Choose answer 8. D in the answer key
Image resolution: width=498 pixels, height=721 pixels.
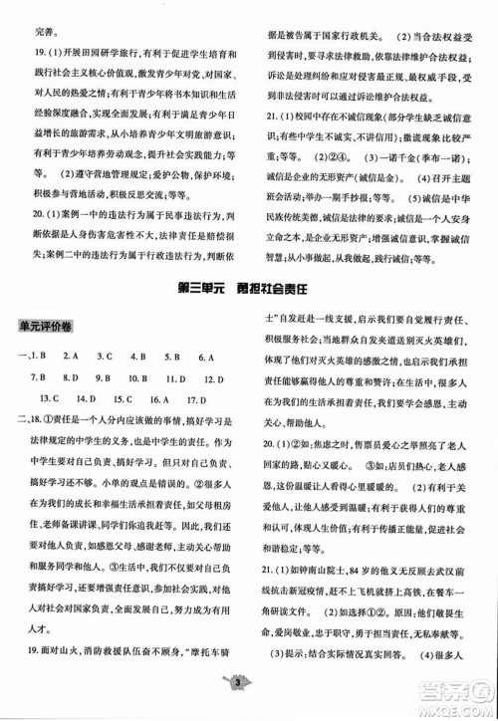pos(70,378)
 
